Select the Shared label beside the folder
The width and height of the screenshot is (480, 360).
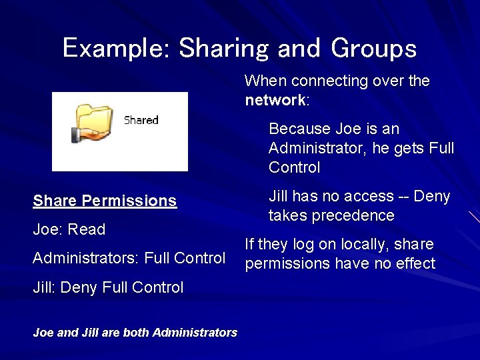coord(141,121)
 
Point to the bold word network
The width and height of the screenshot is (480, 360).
coord(274,101)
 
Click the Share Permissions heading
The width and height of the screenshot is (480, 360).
coord(105,201)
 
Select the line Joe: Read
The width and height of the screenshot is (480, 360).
coord(69,229)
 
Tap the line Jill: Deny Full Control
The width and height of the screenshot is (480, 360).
coord(108,287)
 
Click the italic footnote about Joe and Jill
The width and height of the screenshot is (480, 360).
coord(135,332)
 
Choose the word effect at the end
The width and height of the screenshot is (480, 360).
coord(416,264)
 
